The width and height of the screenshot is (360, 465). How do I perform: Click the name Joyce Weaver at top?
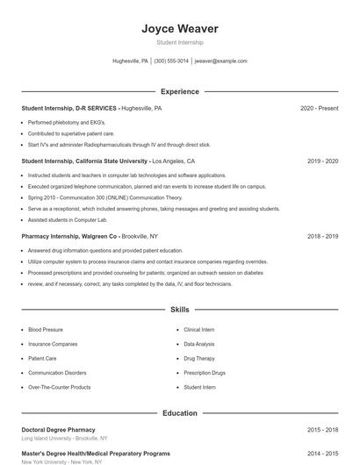point(179,29)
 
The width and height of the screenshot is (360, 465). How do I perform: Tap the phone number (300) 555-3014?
point(171,61)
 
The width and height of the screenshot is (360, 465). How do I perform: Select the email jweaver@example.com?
point(220,61)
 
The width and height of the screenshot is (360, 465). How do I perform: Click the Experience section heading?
point(179,91)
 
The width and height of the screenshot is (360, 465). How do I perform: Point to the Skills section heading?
point(179,310)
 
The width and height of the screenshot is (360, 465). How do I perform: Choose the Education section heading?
point(179,412)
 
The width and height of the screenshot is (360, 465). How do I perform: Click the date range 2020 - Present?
point(319,108)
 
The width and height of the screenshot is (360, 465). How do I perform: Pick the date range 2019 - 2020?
point(322,161)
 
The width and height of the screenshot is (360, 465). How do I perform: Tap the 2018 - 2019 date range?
point(322,236)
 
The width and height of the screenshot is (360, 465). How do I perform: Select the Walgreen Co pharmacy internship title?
point(70,236)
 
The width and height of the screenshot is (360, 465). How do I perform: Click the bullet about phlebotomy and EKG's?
point(67,122)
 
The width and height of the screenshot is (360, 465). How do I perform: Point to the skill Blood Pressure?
point(46,330)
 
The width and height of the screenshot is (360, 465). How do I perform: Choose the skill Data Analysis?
point(198,344)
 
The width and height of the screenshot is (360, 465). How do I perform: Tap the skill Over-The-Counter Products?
point(59,387)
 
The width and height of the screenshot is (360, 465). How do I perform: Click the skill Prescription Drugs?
point(204,373)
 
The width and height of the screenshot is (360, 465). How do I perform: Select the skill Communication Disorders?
point(57,373)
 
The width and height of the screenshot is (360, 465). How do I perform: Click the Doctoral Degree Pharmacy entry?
point(58,430)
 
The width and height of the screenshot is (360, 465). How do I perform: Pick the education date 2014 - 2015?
point(322,454)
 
